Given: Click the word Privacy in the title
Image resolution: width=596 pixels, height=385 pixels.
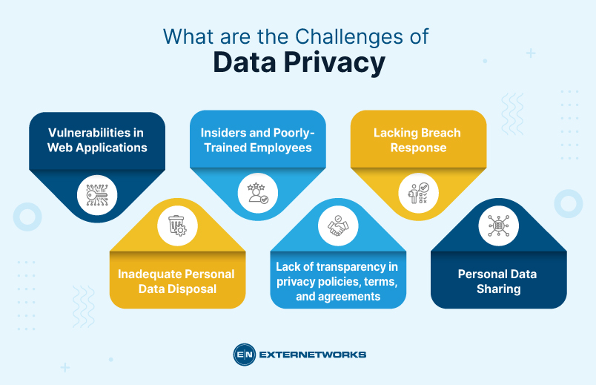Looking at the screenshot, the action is [337, 64].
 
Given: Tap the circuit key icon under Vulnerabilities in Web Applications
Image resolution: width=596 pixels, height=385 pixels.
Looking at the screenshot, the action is [97, 194].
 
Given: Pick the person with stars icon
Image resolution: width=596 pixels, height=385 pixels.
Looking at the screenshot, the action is [257, 194].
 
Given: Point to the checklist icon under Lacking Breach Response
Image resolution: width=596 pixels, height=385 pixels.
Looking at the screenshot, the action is [418, 194].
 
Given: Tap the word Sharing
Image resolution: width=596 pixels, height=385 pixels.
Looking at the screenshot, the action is [498, 289].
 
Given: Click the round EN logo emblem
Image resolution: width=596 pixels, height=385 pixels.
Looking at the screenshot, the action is [244, 355].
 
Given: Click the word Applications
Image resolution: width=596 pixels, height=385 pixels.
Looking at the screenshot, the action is [110, 148].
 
